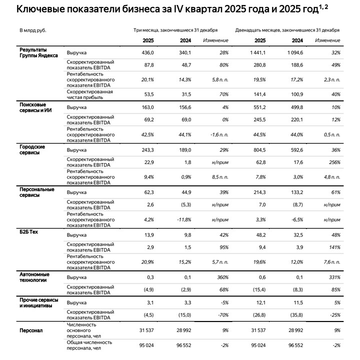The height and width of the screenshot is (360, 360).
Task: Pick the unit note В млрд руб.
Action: coord(33,30)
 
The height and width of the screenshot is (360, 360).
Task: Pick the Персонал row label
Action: coord(31,330)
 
